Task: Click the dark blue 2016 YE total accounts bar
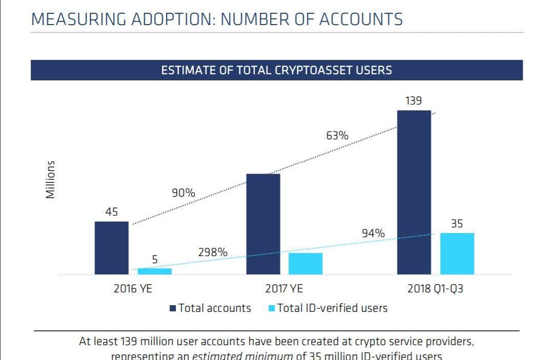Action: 111,248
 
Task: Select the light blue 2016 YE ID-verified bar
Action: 154,271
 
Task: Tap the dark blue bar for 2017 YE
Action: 263,224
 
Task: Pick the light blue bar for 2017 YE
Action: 305,264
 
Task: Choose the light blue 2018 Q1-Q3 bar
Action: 457,253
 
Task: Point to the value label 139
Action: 414,101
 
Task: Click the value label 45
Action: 112,212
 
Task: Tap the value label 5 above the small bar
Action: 154,260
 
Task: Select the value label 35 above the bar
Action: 457,224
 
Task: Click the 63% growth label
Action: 337,136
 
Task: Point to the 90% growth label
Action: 183,193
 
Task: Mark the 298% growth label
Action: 213,252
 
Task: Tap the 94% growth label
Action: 373,234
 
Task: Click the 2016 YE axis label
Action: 133,288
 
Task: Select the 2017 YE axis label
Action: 284,288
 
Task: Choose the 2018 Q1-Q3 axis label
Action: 435,288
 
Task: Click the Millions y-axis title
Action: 50,179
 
